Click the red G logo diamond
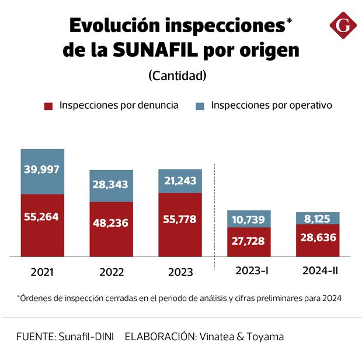pyautogui.click(x=343, y=25)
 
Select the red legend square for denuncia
pyautogui.click(x=48, y=106)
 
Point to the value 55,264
pyautogui.click(x=42, y=217)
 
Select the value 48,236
pyautogui.click(x=111, y=223)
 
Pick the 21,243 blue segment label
pyautogui.click(x=180, y=182)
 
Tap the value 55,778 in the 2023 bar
pyautogui.click(x=180, y=219)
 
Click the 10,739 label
pyautogui.click(x=249, y=220)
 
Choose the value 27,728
pyautogui.click(x=249, y=241)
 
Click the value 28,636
pyautogui.click(x=318, y=240)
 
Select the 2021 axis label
pyautogui.click(x=42, y=272)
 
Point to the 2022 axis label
pyautogui.click(x=111, y=272)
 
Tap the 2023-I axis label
pyautogui.click(x=249, y=271)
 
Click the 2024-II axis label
pyautogui.click(x=318, y=271)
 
